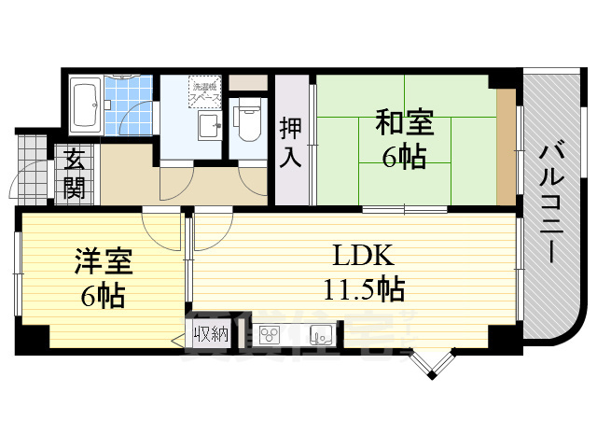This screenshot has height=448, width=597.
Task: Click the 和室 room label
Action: click(x=404, y=122)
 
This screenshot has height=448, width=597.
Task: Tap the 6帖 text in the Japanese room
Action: click(x=404, y=155)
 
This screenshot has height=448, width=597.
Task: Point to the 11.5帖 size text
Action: click(x=365, y=289)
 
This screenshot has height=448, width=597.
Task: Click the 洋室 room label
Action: click(x=104, y=261)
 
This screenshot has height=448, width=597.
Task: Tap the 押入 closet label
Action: click(x=291, y=142)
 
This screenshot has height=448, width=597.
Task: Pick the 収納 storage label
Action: click(x=210, y=334)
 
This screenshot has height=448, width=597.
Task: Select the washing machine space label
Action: click(x=205, y=90)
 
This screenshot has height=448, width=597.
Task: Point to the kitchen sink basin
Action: click(x=321, y=333)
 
